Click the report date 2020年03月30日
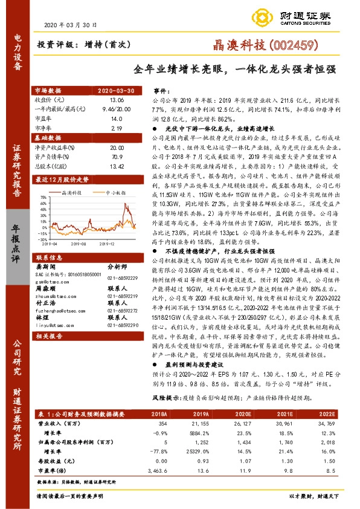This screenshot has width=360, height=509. click(x=71, y=25)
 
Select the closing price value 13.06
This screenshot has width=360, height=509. click(x=117, y=99)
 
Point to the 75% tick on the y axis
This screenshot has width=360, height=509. click(x=45, y=196)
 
